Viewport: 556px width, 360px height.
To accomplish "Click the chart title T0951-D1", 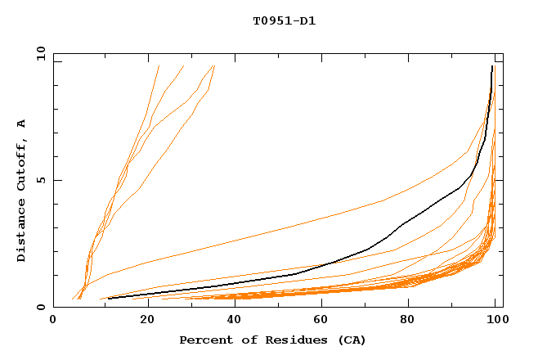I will click(285, 21).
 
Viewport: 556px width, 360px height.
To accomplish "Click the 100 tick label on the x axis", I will click(495, 320).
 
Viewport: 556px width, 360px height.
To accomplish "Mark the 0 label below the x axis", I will click(53, 320).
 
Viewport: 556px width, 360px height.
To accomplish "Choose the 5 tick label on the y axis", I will click(40, 180).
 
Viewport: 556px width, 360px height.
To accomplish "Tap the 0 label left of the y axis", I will click(40, 308).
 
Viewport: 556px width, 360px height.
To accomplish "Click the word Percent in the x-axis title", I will click(204, 340).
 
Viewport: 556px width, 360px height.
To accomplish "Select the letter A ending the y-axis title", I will click(22, 124).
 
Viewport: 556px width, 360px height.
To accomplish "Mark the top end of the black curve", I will click(491, 66).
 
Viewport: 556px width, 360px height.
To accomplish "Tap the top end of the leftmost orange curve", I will click(159, 66).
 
